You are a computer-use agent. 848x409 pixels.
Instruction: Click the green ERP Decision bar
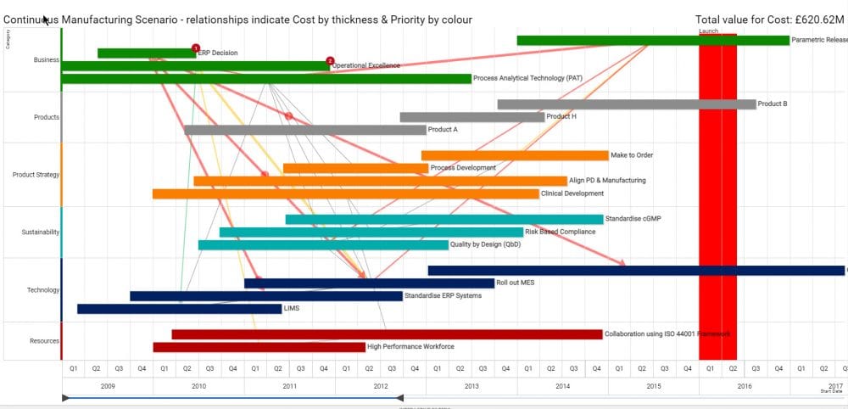click(x=144, y=53)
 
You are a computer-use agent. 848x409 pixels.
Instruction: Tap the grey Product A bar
click(x=304, y=130)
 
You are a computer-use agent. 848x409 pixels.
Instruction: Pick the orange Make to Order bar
click(x=515, y=155)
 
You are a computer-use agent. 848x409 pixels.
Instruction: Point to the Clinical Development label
click(x=572, y=193)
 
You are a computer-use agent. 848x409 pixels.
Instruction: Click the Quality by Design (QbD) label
click(x=485, y=244)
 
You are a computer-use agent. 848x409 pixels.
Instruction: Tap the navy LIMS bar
click(x=179, y=309)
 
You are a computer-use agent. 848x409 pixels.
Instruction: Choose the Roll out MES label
click(x=516, y=283)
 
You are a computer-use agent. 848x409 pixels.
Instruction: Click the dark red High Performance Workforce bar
click(x=259, y=347)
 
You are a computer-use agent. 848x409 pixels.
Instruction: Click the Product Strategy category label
click(x=36, y=175)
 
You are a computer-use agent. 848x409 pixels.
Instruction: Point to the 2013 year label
click(x=471, y=385)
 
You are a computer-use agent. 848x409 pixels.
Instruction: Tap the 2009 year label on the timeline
click(x=108, y=385)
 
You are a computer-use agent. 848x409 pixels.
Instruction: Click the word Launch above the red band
click(x=708, y=31)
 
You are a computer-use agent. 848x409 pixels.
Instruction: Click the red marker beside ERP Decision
click(x=196, y=48)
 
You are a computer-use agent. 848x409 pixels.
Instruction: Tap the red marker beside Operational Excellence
click(x=330, y=61)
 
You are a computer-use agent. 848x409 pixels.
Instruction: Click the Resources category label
click(x=44, y=341)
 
